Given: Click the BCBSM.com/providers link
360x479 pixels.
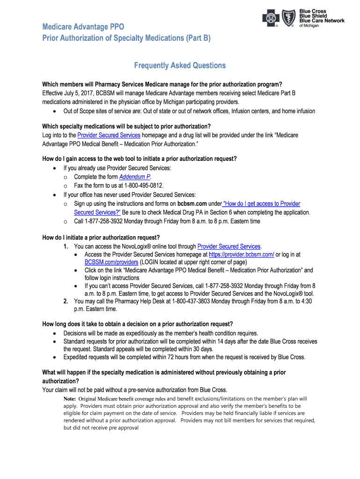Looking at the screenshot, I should point(111,262).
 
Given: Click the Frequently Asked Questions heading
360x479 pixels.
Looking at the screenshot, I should point(180,66).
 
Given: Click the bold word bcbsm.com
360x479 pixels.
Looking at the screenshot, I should point(192,204).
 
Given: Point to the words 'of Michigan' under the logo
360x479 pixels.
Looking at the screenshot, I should point(309,26).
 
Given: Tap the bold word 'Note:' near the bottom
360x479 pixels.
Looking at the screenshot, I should point(69,399).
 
